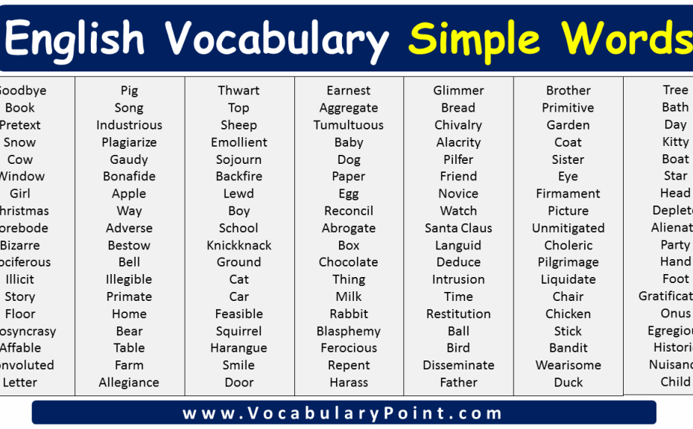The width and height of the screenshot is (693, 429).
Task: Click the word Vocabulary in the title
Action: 276,38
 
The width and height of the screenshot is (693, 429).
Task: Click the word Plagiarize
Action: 129,142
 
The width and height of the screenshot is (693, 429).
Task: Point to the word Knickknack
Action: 238,245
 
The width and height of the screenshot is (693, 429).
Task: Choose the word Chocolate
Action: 348,262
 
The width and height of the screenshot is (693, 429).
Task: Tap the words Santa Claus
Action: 458,228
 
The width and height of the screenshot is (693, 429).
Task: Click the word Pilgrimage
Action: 568,262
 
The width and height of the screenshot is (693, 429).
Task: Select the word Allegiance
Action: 129,383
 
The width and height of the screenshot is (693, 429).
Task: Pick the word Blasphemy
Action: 348,331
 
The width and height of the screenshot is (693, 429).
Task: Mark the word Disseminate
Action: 458,366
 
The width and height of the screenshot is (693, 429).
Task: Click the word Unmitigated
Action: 568,228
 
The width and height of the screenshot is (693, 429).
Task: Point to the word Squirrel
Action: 238,331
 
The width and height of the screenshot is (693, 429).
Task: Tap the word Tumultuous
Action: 348,125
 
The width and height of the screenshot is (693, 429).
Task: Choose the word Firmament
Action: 568,194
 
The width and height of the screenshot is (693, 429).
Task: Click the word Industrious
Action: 129,125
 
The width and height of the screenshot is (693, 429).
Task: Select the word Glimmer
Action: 458,91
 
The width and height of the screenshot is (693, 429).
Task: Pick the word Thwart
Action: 238,91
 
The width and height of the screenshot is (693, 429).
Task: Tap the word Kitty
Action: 675,142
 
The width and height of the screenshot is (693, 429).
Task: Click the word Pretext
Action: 20,125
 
